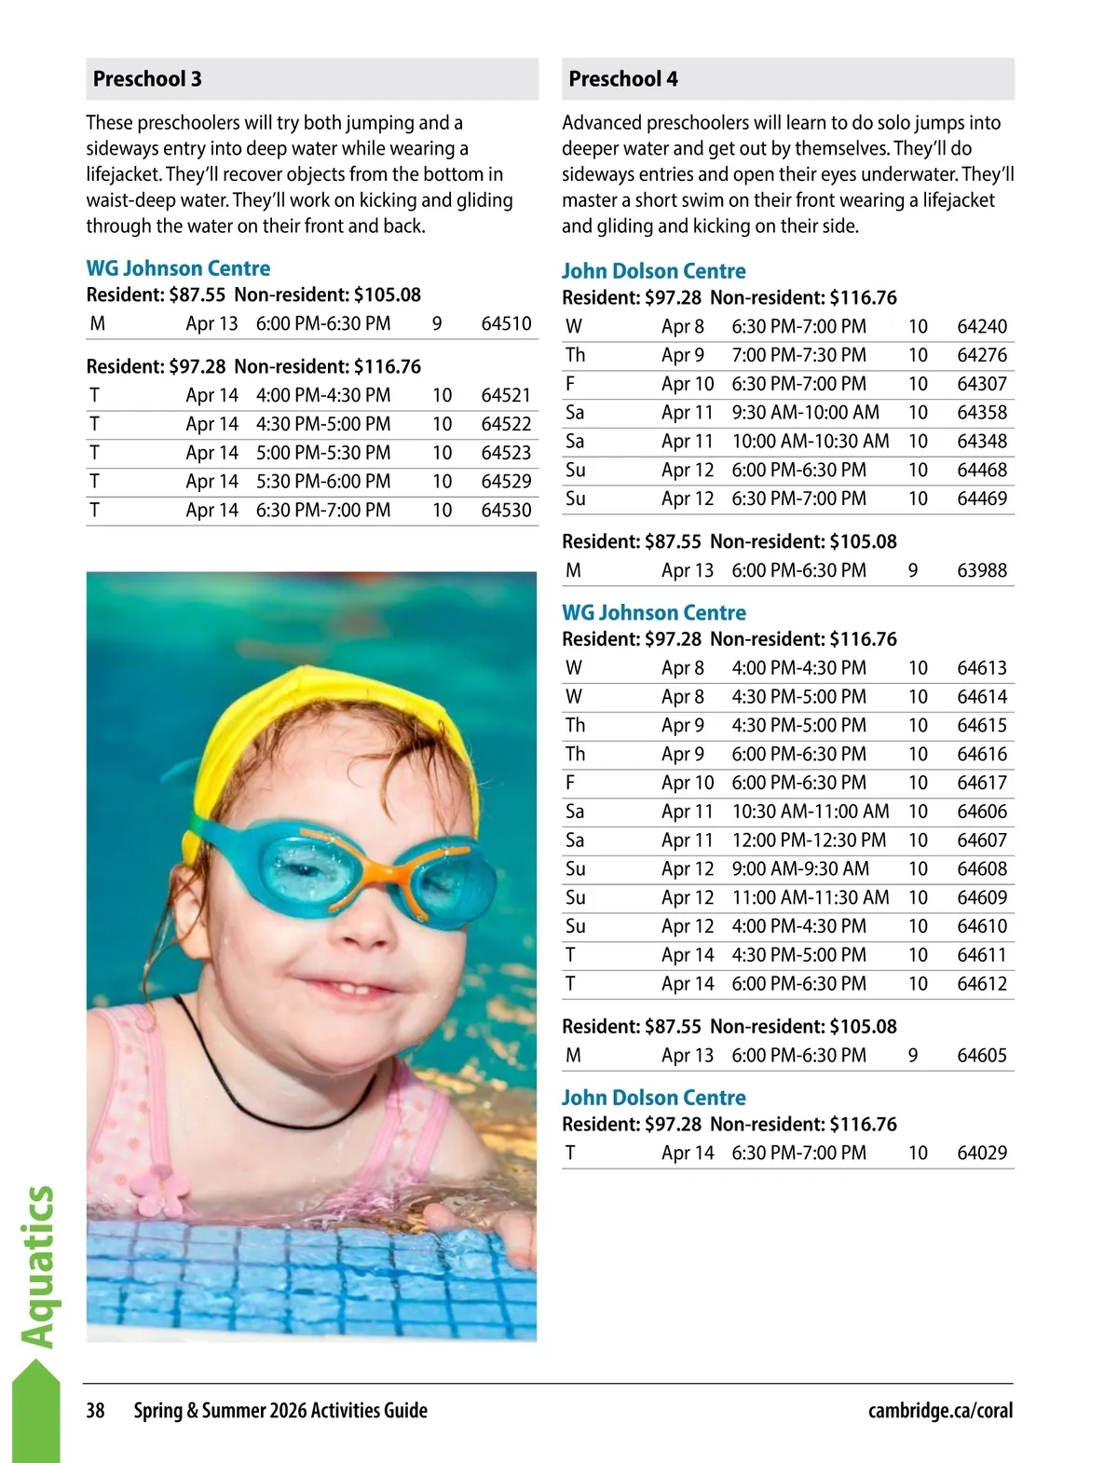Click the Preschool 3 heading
coord(147,79)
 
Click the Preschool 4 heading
coord(623,79)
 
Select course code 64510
coord(506,323)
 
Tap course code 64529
coord(506,482)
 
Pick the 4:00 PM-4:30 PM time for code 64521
coord(323,395)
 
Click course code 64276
coord(982,355)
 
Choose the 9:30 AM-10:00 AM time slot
coord(805,413)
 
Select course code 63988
coord(982,570)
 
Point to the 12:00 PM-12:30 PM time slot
coord(809,841)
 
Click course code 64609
coord(982,897)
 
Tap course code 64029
coord(982,1153)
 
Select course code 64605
coord(982,1055)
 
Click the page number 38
coord(96,1410)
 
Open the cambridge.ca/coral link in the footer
coord(940,1410)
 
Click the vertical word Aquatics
coord(38,1266)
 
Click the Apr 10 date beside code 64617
coord(688,783)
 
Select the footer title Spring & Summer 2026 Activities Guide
coord(280,1410)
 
